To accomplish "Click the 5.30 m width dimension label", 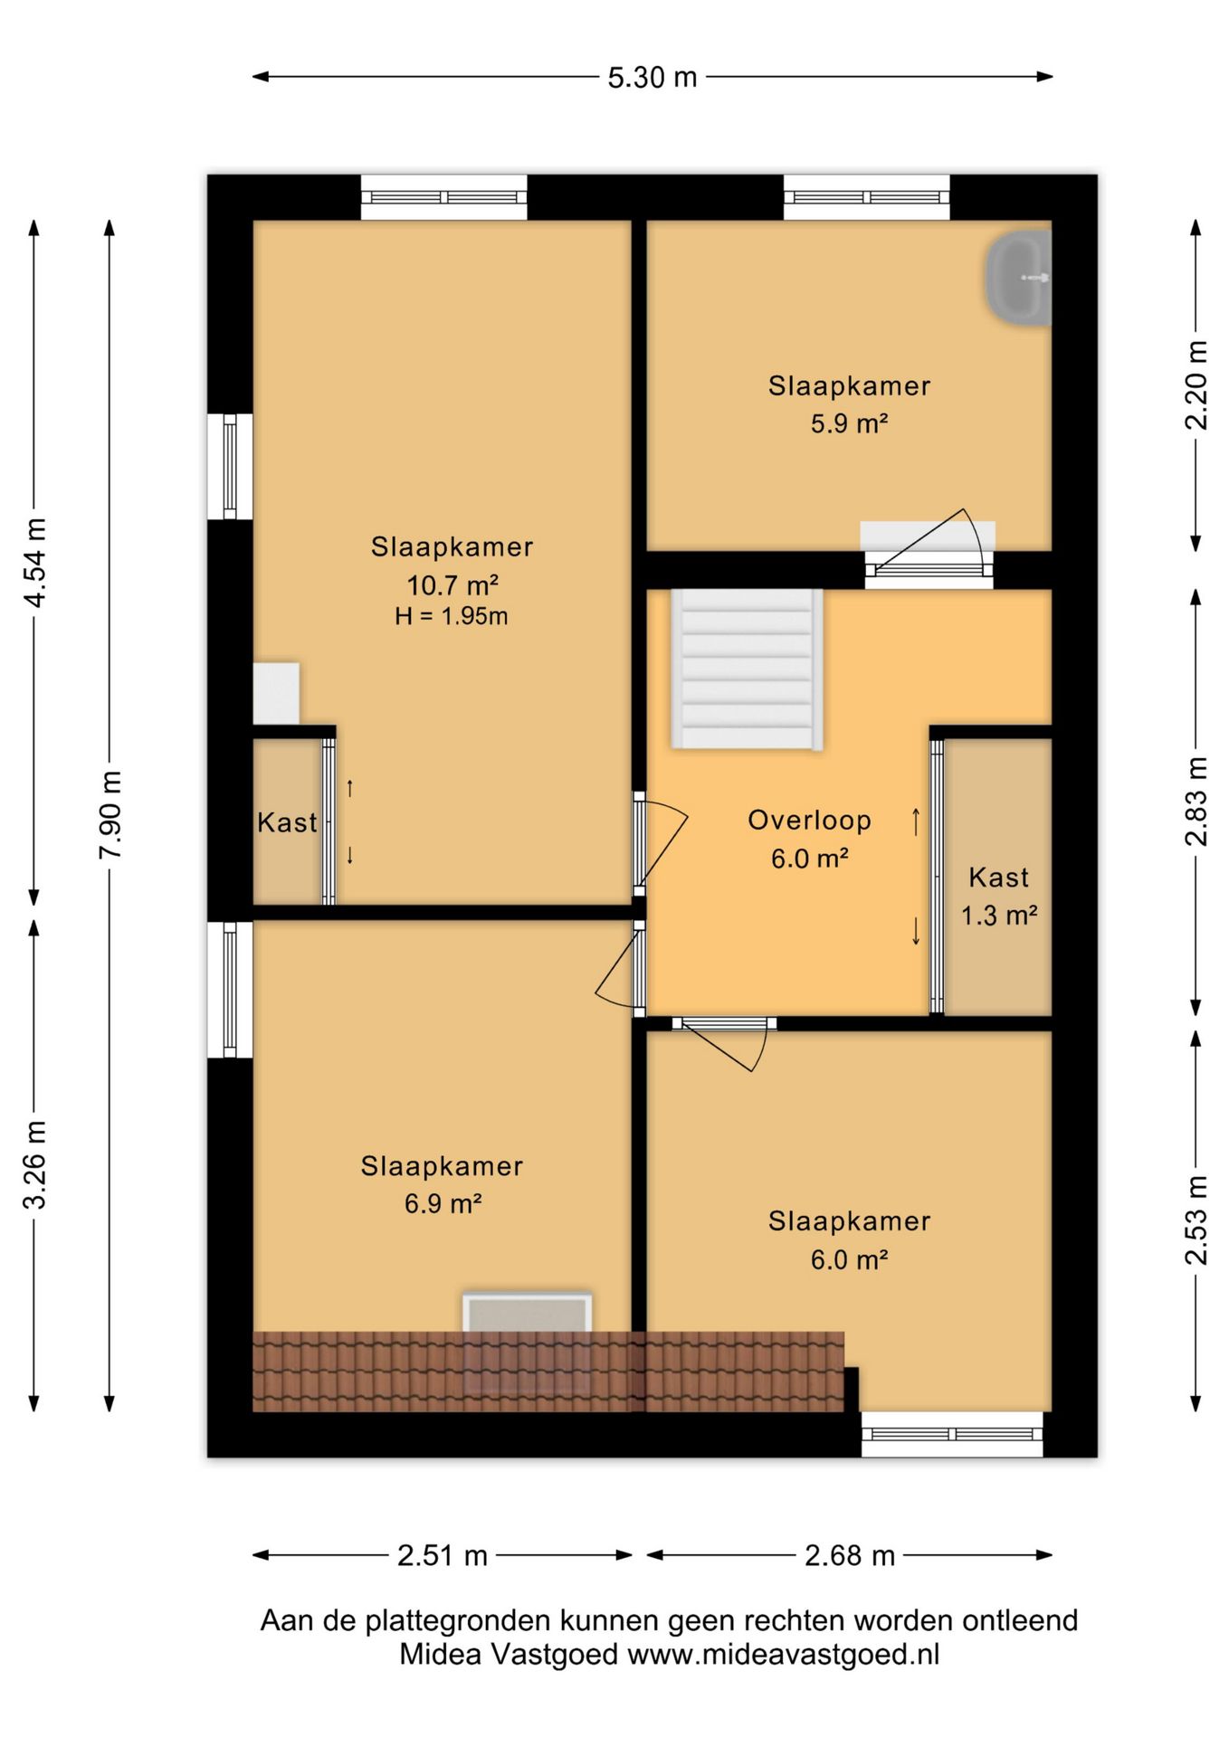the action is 652,78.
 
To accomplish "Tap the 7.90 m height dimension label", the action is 110,815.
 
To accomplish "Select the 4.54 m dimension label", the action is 35,563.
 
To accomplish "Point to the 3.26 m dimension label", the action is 35,1164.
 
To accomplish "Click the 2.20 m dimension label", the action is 1196,384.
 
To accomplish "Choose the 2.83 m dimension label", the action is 1196,801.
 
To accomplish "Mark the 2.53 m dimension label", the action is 1196,1220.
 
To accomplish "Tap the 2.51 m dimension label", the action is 443,1555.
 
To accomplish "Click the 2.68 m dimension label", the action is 850,1555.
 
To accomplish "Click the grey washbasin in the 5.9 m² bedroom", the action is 1018,279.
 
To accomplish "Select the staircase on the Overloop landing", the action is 747,669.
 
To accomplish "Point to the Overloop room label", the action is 809,821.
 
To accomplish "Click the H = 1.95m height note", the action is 451,617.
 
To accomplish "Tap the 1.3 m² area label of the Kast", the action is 998,916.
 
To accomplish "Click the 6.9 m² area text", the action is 443,1204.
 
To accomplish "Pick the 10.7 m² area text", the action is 452,584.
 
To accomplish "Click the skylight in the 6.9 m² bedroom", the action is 528,1313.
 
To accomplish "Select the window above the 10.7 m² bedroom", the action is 443,197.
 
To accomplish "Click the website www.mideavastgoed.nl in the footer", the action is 784,1655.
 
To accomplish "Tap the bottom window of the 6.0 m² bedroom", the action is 951,1434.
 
